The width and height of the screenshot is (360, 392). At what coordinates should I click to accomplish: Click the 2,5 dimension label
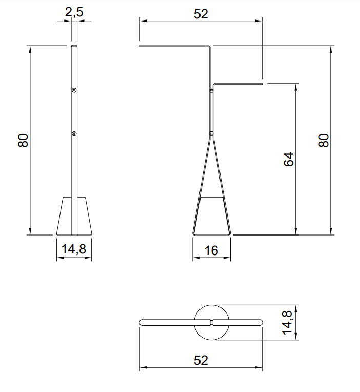(74, 12)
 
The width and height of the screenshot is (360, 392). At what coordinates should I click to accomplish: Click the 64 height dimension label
(289, 159)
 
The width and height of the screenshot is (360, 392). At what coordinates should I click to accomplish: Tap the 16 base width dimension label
(211, 250)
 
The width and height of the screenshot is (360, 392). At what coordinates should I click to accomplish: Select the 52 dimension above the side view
(201, 14)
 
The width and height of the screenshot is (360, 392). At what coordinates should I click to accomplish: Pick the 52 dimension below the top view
(201, 360)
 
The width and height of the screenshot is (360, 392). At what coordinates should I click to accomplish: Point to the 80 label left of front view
(23, 141)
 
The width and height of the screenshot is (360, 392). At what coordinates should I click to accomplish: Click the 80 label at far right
(324, 141)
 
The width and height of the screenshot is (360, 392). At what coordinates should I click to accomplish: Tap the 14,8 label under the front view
(74, 249)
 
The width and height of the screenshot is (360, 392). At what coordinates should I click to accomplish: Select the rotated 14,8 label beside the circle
(287, 322)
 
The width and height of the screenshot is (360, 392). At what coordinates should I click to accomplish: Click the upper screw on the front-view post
(74, 90)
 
